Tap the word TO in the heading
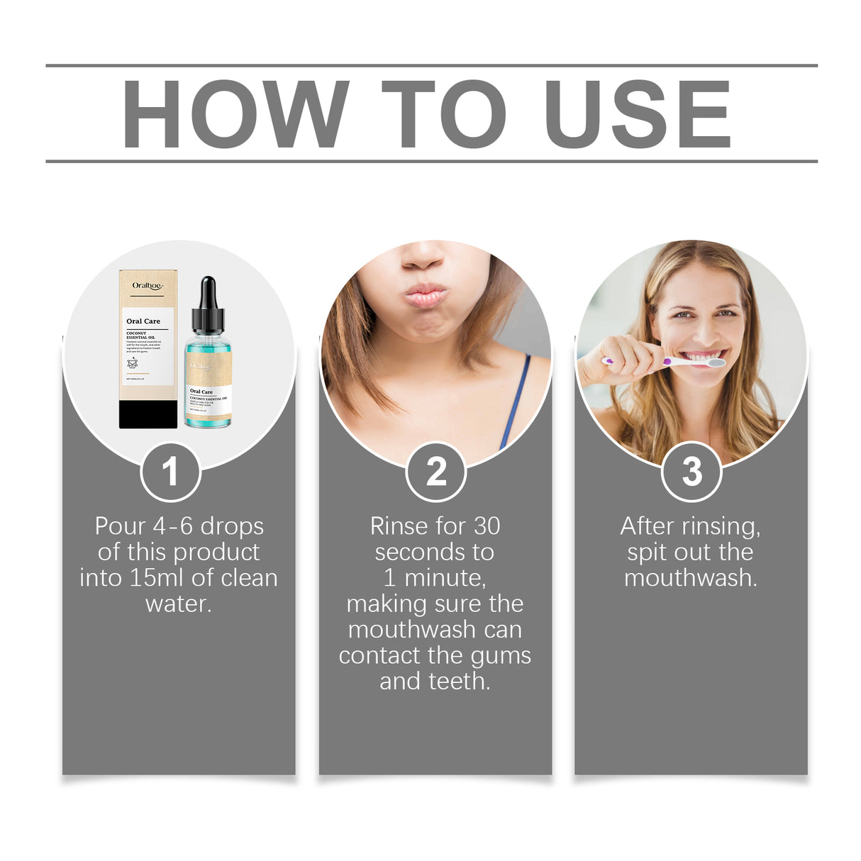click(x=445, y=114)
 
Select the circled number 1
click(x=170, y=472)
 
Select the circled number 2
click(x=435, y=472)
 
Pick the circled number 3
click(x=691, y=472)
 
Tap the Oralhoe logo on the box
click(x=148, y=286)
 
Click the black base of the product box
click(x=148, y=414)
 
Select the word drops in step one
click(x=232, y=526)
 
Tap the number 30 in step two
click(x=487, y=526)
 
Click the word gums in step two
click(x=501, y=656)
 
